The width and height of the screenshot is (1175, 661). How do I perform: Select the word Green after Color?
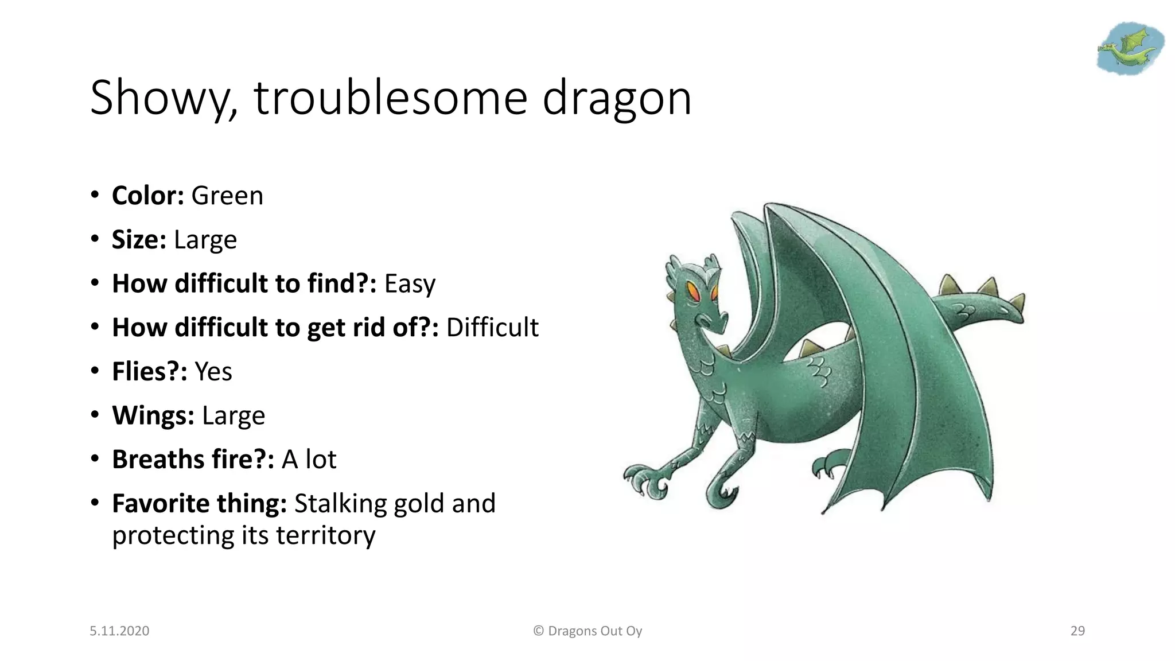227,196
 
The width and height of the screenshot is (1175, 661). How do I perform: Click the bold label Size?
139,240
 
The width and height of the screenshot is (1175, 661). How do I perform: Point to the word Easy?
410,284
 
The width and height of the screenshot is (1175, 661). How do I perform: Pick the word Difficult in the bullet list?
492,328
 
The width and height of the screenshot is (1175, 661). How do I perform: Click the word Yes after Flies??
213,372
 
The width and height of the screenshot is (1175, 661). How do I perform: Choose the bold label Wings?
153,415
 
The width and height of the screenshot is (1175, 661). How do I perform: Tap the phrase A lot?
309,460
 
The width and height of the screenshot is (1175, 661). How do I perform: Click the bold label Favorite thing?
199,504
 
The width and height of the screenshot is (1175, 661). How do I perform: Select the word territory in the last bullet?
325,535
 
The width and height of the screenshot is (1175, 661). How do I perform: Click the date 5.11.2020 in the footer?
119,631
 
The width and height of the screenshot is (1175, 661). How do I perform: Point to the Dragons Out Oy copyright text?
587,631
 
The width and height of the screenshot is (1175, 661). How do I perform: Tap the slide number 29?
1077,631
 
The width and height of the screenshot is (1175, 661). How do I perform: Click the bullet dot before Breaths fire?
95,459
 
